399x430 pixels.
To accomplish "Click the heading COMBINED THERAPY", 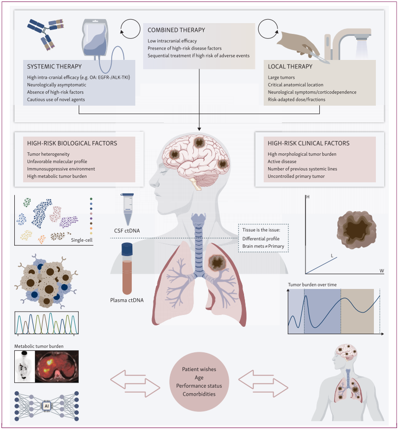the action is (176, 30).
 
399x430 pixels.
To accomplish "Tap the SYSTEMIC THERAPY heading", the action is (55, 66).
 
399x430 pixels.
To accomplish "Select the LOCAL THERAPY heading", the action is (290, 66).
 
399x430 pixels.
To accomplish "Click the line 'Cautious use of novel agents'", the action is (56, 100).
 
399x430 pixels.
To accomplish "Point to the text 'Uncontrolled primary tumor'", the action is (296, 176).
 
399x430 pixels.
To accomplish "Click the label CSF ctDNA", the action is (127, 230).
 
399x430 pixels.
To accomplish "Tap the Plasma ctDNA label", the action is (127, 300).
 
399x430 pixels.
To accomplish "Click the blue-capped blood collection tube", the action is (127, 269).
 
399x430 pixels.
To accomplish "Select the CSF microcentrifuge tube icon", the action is (127, 209).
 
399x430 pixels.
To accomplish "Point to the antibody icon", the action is (46, 33).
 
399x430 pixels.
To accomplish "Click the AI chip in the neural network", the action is (47, 406).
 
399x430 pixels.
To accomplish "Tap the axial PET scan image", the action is (57, 367).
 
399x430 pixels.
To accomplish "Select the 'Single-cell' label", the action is (82, 240).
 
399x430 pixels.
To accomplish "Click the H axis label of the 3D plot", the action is (308, 197).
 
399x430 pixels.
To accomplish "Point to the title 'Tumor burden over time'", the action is (312, 285).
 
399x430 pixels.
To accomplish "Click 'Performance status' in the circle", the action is (199, 386).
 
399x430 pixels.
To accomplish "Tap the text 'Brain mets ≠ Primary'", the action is (263, 246).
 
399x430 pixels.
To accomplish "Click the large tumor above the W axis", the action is (356, 230).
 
